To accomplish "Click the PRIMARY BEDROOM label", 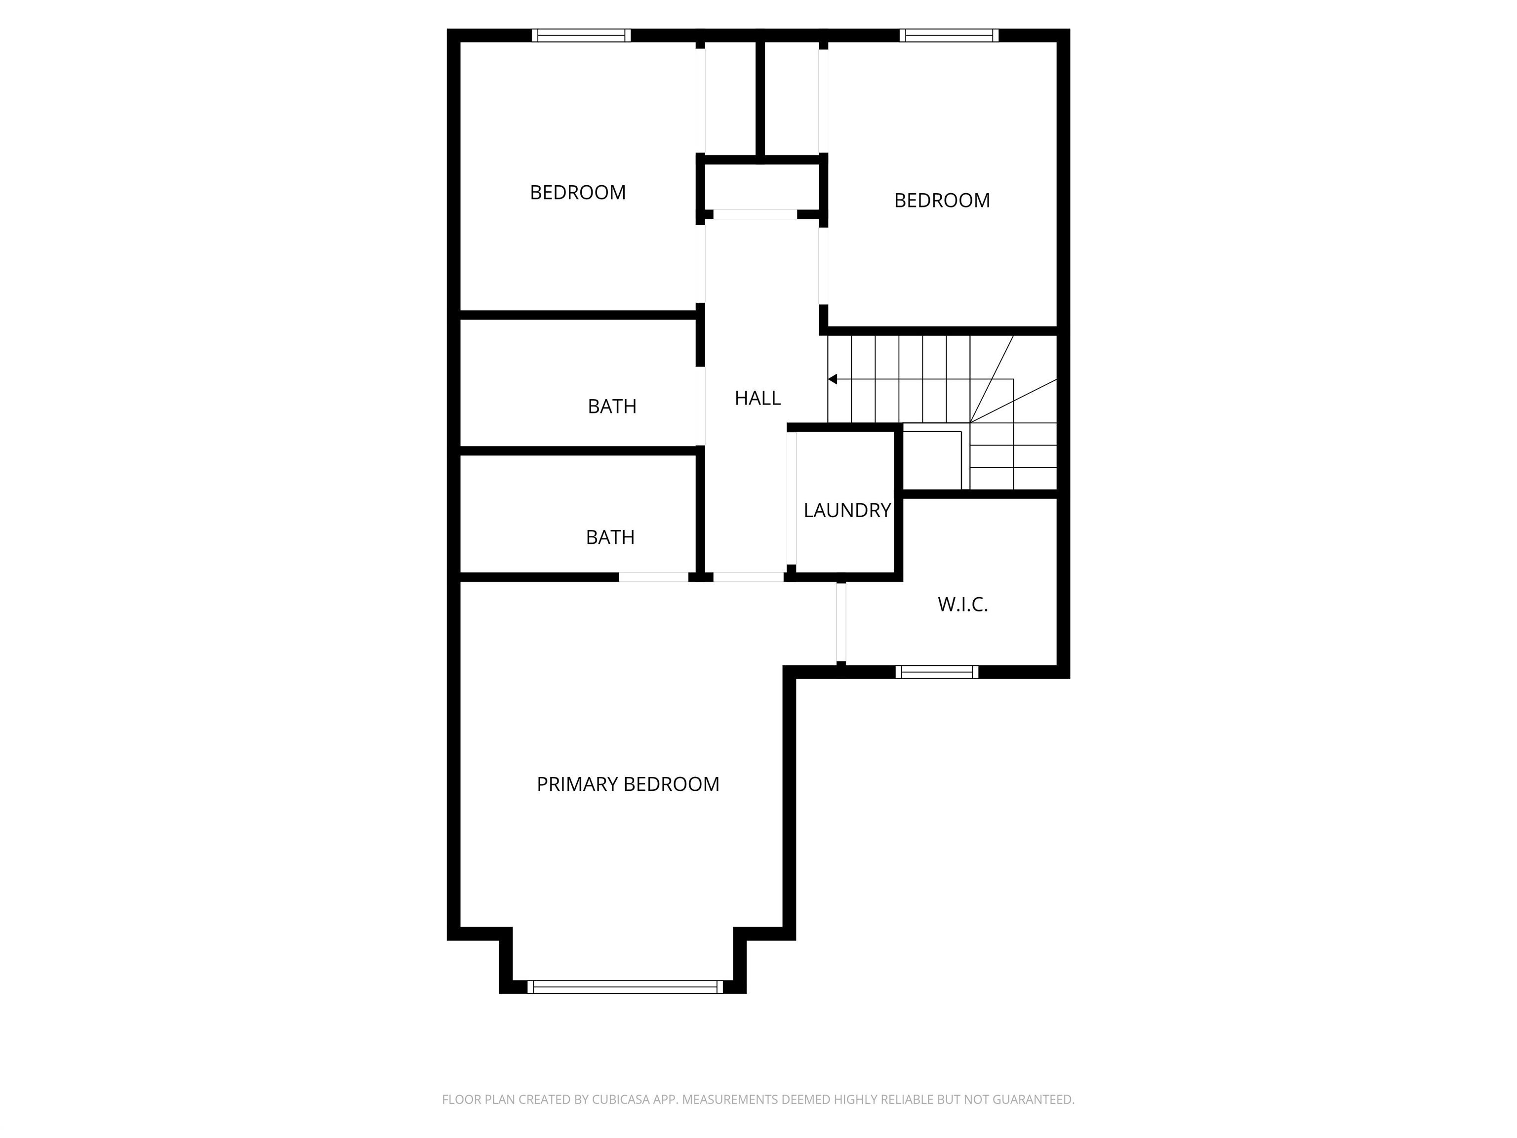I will click(x=628, y=784).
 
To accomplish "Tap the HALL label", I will click(x=757, y=398).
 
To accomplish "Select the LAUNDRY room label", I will click(x=847, y=510).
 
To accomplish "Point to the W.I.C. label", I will click(x=962, y=605).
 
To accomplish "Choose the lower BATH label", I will click(x=610, y=537).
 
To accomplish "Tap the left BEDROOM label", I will click(x=577, y=193).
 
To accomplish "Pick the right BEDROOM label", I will click(x=942, y=201).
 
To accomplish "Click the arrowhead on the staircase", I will click(x=833, y=379).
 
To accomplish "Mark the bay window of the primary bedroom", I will click(x=625, y=986).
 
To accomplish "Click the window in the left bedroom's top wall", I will click(x=581, y=35).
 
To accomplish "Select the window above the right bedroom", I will click(x=949, y=35).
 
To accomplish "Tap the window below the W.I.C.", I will click(x=937, y=672).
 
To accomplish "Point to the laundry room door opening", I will click(x=792, y=498).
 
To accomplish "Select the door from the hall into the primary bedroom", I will click(x=748, y=577).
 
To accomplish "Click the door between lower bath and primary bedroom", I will click(x=654, y=577).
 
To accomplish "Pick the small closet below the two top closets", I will click(x=760, y=187).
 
